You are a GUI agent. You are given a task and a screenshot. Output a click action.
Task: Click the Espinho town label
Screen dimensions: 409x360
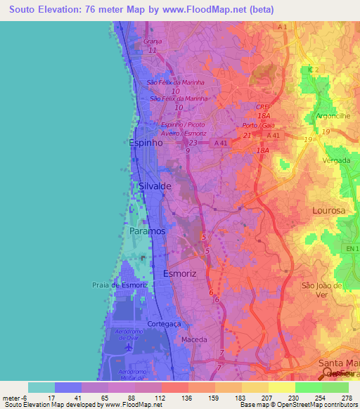pyautogui.click(x=146, y=143)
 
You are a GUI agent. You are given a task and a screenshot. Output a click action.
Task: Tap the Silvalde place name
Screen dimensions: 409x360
pyautogui.click(x=155, y=186)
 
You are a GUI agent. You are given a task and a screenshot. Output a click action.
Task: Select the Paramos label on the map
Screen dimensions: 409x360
pyautogui.click(x=148, y=231)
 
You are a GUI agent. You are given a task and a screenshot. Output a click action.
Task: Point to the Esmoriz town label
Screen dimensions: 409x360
pyautogui.click(x=180, y=273)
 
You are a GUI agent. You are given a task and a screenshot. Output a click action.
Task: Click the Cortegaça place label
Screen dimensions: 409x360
pyautogui.click(x=166, y=324)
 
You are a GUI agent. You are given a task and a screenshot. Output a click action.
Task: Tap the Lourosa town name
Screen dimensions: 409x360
pyautogui.click(x=329, y=211)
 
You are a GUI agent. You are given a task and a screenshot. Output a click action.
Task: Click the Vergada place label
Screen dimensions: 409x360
pyautogui.click(x=336, y=160)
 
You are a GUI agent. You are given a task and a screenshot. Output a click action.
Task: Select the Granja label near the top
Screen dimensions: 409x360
pyautogui.click(x=153, y=41)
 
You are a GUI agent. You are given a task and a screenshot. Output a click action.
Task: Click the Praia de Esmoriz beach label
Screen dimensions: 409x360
pyautogui.click(x=118, y=285)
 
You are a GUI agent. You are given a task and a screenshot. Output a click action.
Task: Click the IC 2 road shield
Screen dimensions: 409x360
pyautogui.click(x=314, y=70)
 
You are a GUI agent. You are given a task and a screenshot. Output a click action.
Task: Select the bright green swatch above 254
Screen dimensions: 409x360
pyautogui.click(x=308, y=387)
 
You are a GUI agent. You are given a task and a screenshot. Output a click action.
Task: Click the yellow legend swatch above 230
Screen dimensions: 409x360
pyautogui.click(x=281, y=387)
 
